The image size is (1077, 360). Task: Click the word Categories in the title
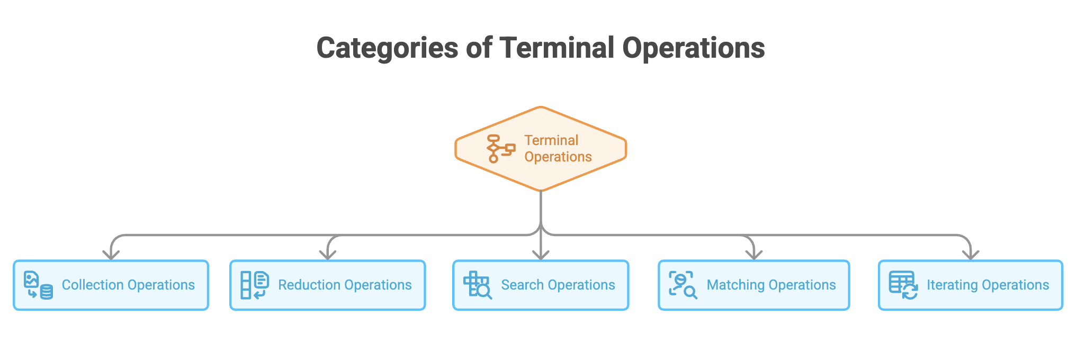click(387, 48)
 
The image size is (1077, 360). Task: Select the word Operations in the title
click(694, 49)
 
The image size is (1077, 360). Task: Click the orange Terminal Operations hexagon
click(541, 149)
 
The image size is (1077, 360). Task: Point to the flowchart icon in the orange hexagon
click(501, 149)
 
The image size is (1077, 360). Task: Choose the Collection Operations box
click(111, 285)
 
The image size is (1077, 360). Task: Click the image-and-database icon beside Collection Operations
click(38, 285)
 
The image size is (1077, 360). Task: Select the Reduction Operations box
click(328, 285)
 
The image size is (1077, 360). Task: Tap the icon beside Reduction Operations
click(255, 285)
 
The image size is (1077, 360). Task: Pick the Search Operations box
click(541, 285)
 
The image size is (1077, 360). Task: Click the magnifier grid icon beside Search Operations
click(478, 285)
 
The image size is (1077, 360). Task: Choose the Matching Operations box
click(754, 285)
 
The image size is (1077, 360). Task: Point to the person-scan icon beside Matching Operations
click(683, 285)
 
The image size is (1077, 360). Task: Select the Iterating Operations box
click(971, 285)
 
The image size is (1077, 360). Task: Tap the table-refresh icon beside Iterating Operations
click(903, 285)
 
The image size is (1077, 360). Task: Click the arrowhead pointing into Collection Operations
click(111, 255)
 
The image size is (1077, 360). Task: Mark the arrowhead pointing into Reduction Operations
click(328, 255)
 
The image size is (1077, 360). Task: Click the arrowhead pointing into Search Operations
click(541, 255)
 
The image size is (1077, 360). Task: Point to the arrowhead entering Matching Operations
click(754, 255)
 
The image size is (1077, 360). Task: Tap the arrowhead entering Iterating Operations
click(971, 255)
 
